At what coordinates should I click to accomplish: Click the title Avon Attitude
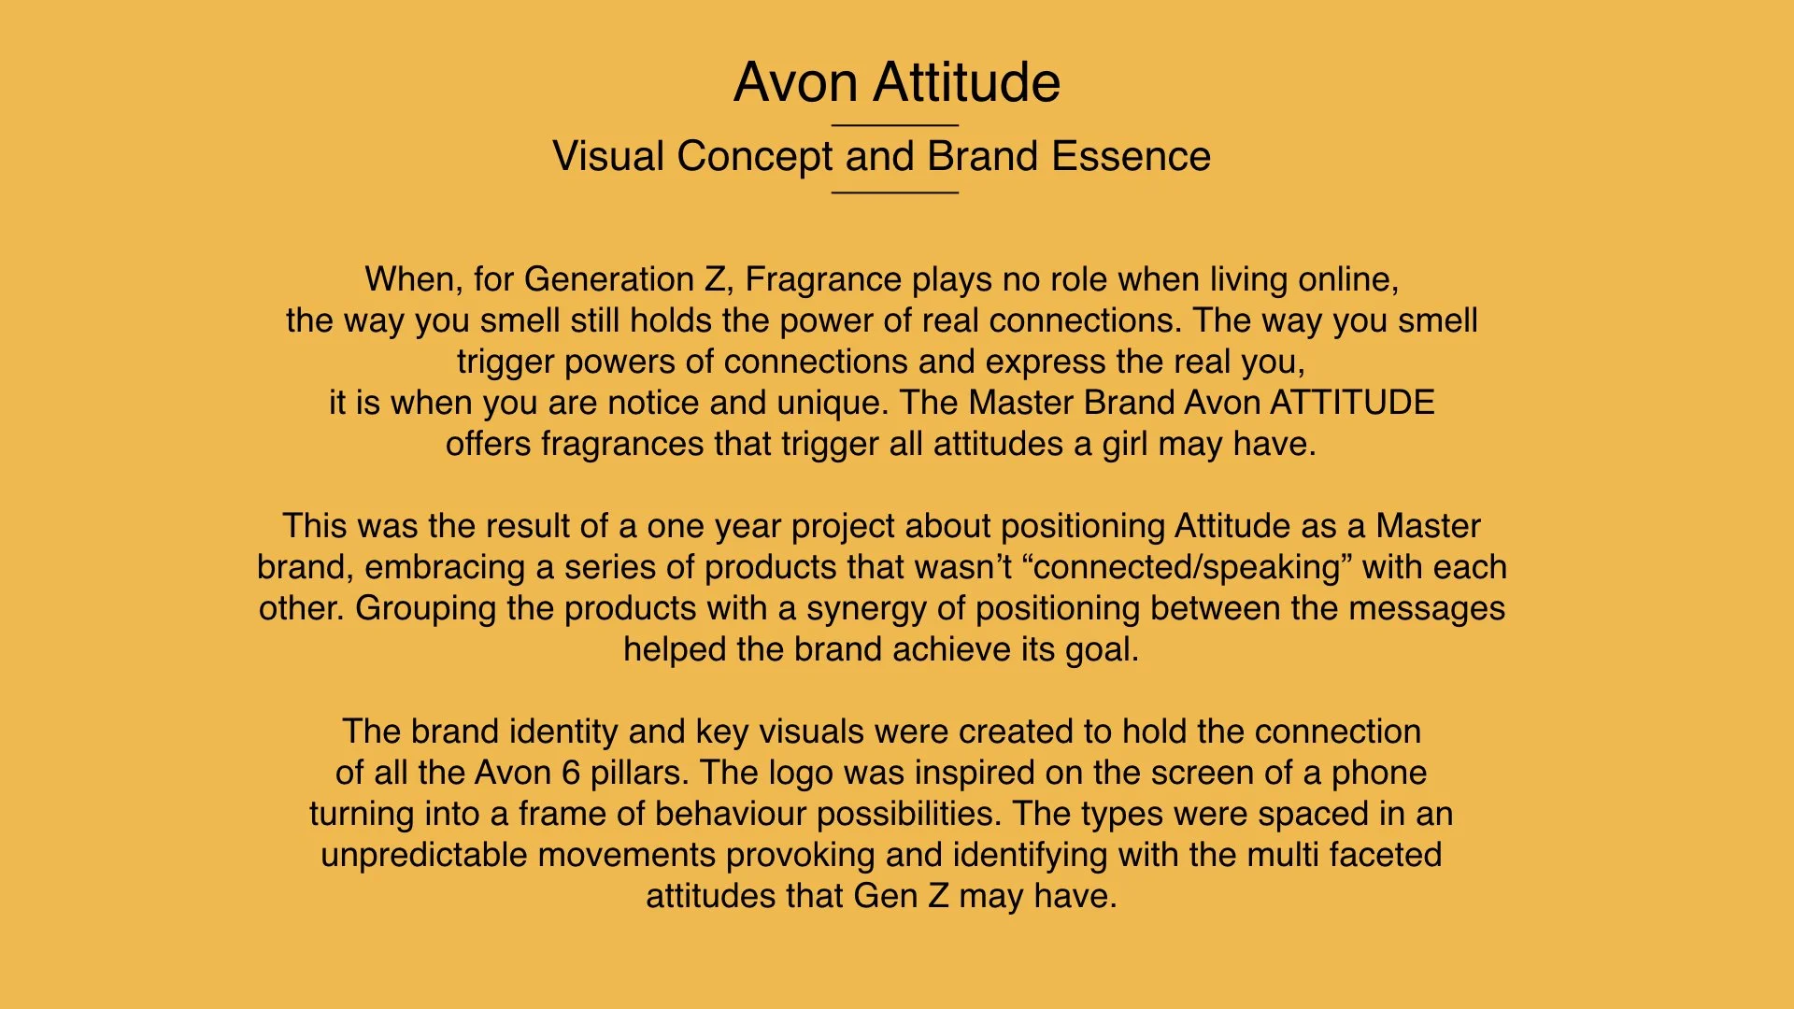click(x=896, y=82)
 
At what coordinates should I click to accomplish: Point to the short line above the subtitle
click(x=895, y=125)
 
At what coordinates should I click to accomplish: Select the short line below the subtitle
click(x=895, y=192)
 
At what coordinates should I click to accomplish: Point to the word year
click(x=747, y=526)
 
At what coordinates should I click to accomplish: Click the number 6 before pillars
click(x=571, y=773)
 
